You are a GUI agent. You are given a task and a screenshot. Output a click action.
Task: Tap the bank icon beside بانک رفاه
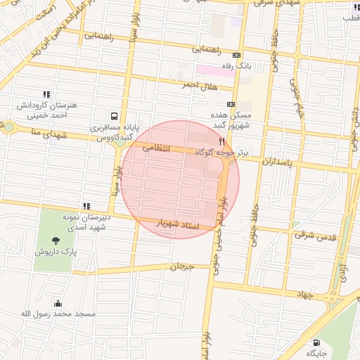[236, 56]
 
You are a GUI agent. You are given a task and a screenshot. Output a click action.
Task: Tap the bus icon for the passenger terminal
[114, 117]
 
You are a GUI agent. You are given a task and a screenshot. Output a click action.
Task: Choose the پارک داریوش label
[56, 251]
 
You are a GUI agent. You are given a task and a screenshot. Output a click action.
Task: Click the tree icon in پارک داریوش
[56, 240]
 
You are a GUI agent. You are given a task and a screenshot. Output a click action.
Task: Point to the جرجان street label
[181, 266]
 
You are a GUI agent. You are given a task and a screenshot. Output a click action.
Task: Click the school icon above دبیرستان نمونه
[86, 206]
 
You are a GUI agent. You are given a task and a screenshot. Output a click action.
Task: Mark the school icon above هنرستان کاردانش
[46, 94]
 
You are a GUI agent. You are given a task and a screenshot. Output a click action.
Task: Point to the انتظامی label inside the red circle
[156, 148]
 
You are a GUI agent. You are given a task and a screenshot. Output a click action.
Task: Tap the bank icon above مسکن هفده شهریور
[231, 105]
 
